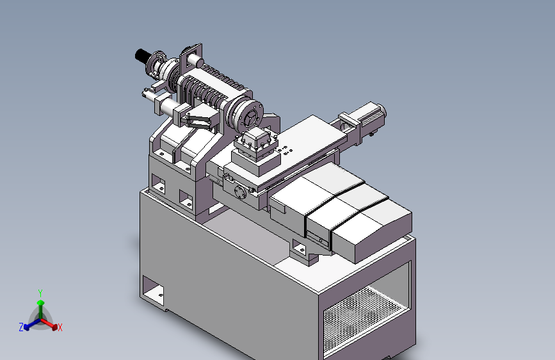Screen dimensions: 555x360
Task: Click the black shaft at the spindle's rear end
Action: [x=142, y=56]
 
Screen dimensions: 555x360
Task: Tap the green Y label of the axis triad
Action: [x=40, y=293]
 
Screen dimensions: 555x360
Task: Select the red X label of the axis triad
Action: [x=60, y=327]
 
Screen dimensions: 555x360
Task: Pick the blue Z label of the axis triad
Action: [x=21, y=327]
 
